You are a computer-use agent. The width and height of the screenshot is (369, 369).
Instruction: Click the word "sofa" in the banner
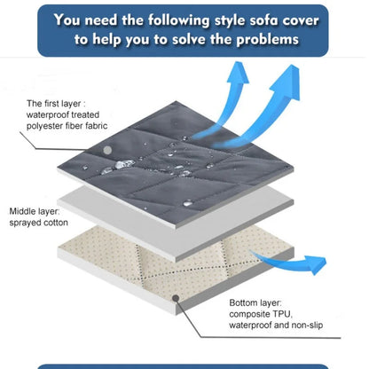tap(263, 20)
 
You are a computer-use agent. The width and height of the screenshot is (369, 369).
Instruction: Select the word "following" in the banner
tap(179, 21)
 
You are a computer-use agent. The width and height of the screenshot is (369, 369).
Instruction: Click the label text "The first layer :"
tap(56, 104)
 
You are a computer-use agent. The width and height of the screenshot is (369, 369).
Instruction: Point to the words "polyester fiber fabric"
tap(67, 126)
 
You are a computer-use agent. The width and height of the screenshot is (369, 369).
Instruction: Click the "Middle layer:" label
tap(35, 211)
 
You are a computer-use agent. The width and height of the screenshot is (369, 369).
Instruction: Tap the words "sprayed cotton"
tap(38, 223)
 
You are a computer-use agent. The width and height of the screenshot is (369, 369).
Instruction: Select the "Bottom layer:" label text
tap(255, 302)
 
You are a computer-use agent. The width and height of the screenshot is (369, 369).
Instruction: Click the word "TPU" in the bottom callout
tap(282, 314)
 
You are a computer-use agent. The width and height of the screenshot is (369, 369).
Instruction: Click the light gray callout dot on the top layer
tap(107, 150)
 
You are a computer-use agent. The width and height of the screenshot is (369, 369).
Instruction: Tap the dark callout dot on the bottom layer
tap(176, 298)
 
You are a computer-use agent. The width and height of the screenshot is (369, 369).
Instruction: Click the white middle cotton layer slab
tap(175, 219)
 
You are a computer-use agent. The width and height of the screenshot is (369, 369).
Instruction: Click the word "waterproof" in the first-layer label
tap(47, 114)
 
